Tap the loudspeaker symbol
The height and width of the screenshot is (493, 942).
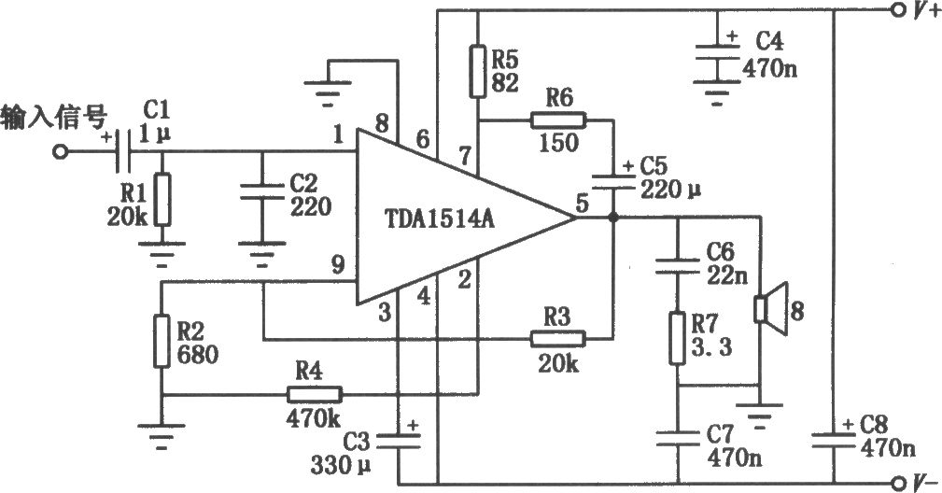770,308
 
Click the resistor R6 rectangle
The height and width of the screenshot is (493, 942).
558,121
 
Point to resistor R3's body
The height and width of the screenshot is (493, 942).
557,339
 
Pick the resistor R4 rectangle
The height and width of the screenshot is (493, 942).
315,395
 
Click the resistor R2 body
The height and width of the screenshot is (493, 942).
162,341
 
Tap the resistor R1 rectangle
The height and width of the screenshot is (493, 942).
162,200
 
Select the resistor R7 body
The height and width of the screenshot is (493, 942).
678,338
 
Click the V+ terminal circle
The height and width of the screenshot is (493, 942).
897,9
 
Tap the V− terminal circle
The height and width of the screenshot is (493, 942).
898,482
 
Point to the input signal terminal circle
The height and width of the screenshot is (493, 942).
60,152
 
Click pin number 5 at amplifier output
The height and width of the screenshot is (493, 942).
582,204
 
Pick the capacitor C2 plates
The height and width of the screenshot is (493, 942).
261,191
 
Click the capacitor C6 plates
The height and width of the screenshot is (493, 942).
678,265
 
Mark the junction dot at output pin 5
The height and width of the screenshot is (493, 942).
613,218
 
